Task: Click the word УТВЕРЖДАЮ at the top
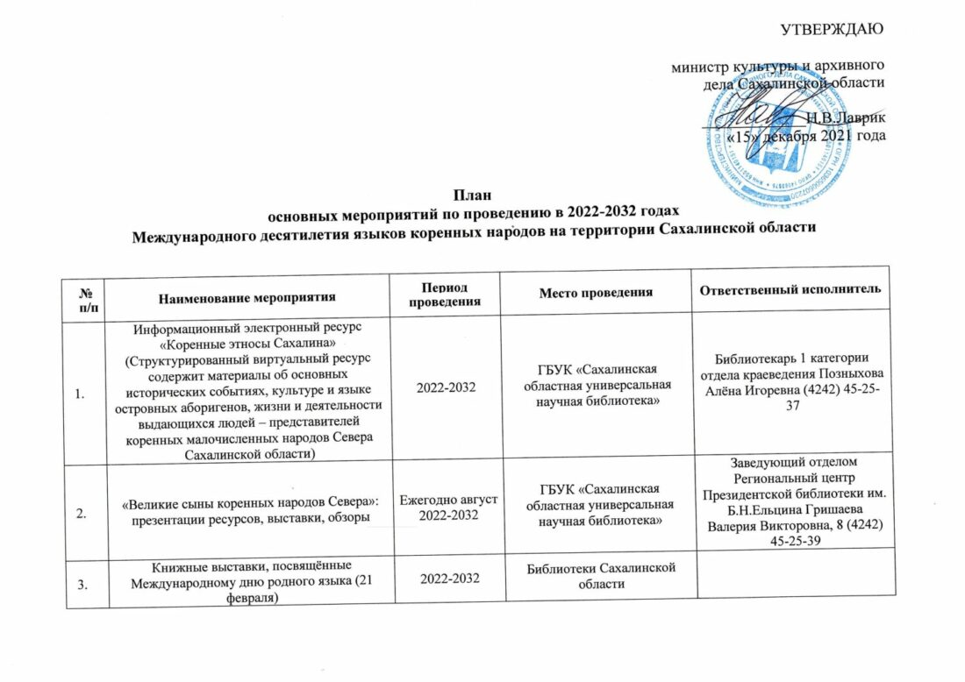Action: point(832,26)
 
